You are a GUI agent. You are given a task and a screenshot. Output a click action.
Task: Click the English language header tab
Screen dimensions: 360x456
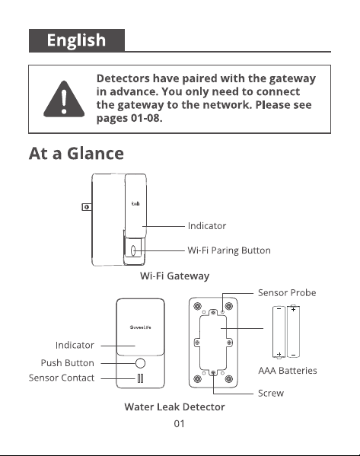[x=77, y=40]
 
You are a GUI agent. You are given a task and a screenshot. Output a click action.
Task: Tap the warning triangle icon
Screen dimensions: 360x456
[x=64, y=99]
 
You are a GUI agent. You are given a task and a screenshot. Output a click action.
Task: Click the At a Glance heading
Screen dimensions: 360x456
[x=76, y=153]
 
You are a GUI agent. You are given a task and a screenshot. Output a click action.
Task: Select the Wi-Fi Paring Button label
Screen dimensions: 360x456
[x=229, y=250]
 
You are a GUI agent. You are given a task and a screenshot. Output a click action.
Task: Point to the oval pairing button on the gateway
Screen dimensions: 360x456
[x=133, y=250]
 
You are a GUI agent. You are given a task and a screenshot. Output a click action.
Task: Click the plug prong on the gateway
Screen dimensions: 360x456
[x=86, y=207]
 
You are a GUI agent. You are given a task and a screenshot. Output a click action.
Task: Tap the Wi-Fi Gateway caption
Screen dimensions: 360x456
[x=174, y=276]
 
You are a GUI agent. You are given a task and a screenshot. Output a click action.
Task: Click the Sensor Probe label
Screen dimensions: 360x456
[x=287, y=292]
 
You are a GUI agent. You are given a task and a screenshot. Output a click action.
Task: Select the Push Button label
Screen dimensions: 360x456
[x=68, y=362]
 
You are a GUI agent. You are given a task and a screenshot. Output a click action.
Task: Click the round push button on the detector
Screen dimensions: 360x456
[x=140, y=363]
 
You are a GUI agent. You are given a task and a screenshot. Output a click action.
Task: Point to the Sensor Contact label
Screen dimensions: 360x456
[x=62, y=378]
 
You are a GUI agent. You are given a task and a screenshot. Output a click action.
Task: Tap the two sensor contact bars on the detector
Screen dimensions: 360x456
[x=140, y=378]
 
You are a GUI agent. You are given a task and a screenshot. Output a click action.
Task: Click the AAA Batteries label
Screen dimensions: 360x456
[x=288, y=371]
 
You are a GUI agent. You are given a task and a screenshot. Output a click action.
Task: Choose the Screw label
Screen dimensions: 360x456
[x=271, y=393]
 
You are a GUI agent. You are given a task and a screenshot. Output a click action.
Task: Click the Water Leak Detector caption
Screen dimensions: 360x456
[x=174, y=407]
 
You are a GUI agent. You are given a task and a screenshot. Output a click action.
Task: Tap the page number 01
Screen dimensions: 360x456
[x=179, y=424]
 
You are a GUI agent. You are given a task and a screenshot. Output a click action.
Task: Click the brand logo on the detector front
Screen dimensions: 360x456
[x=141, y=327]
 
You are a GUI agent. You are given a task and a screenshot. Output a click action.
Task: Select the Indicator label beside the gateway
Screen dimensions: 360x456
[x=207, y=225]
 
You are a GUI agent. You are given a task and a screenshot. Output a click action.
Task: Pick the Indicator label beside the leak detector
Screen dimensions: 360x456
[x=75, y=345]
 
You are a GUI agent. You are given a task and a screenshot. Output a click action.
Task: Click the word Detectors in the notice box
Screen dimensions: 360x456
[x=123, y=78]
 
